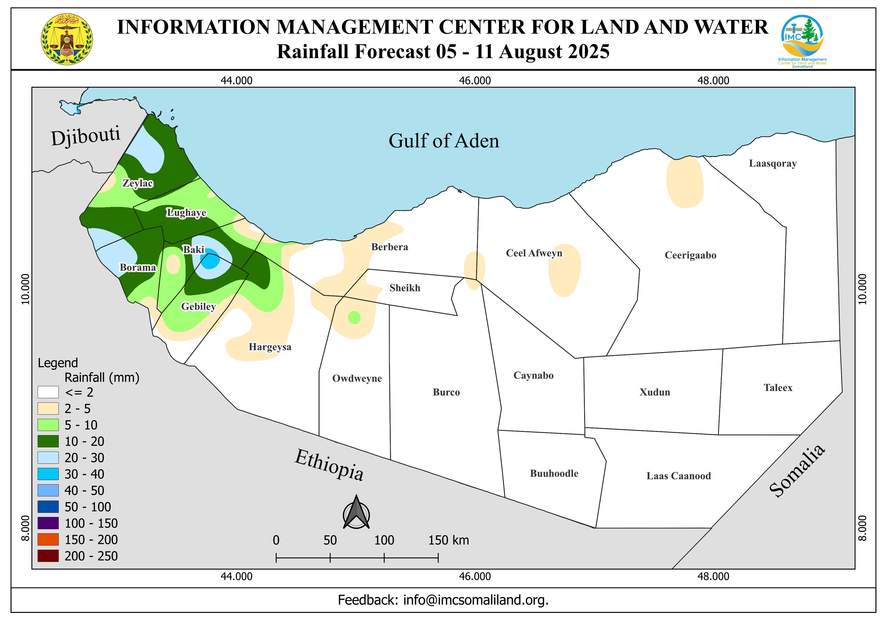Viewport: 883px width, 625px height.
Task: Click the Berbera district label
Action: pos(389,247)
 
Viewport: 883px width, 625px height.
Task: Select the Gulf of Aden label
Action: pos(444,141)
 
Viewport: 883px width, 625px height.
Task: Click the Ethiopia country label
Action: pos(329,465)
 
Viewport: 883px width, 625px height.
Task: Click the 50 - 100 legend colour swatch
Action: pos(48,507)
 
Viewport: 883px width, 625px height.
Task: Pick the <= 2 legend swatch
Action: pos(48,392)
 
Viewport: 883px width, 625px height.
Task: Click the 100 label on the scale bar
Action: pos(384,540)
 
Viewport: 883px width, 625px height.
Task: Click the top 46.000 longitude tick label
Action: pos(475,81)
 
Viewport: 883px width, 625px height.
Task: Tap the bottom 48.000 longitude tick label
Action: pos(713,577)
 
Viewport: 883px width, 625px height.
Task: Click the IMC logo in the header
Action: pos(802,40)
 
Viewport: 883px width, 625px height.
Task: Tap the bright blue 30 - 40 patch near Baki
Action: pos(210,261)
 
